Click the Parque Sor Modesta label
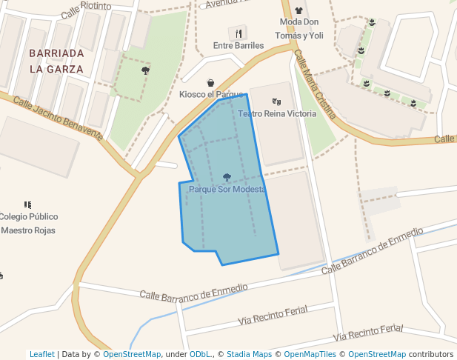point(227,190)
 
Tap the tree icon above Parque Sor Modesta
point(227,178)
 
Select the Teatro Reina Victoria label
point(276,113)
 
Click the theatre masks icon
point(276,101)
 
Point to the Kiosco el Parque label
point(211,94)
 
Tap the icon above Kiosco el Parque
point(211,83)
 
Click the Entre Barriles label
point(238,45)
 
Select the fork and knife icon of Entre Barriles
point(238,33)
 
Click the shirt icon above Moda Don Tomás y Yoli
point(299,11)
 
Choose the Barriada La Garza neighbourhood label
point(56,61)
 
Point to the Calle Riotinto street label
point(86,10)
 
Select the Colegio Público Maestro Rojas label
point(28,223)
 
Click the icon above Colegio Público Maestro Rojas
point(28,204)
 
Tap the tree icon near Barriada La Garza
point(145,70)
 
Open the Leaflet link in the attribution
point(42,354)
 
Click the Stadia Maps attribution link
point(249,354)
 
